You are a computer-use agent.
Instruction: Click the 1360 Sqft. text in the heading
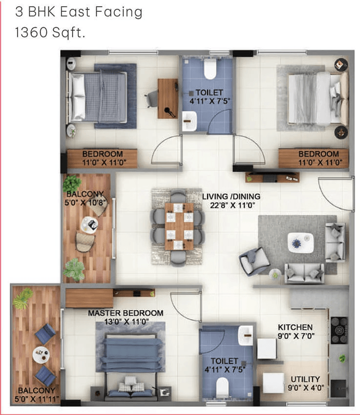coord(50,33)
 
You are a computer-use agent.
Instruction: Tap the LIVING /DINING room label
coord(231,196)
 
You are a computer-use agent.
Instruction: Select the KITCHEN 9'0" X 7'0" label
coord(296,332)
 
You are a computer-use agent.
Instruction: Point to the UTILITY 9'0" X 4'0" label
coord(306,383)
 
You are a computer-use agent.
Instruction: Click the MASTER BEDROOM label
coord(126,313)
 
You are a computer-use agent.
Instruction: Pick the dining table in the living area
coord(179,226)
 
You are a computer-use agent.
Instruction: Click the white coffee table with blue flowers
coord(300,243)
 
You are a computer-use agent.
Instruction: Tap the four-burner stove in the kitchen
coord(339,331)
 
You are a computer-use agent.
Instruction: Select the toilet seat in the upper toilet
coord(210,69)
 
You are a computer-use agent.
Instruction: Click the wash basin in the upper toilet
coord(190,121)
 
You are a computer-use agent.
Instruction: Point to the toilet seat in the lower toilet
coord(222,387)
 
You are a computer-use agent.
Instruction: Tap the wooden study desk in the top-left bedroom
coord(168,99)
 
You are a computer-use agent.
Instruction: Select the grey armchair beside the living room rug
coord(254,261)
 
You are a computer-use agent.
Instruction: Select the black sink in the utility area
coord(339,388)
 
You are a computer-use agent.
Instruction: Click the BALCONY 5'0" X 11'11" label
coord(36,394)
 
